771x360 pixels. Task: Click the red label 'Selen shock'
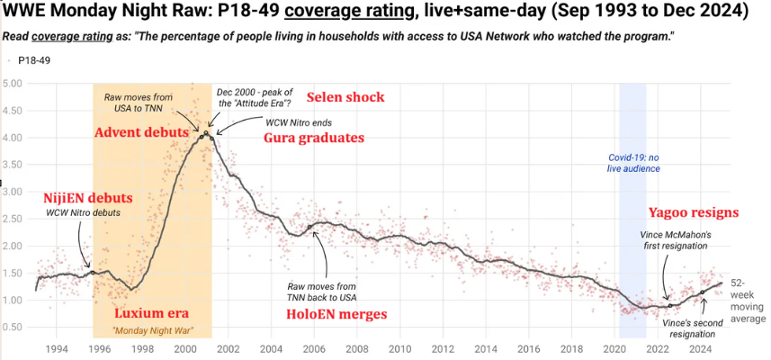coord(345,97)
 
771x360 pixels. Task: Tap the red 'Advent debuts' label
coord(141,132)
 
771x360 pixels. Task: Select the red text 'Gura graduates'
coord(314,138)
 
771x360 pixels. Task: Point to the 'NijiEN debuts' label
coord(88,199)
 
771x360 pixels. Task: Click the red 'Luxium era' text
coord(151,314)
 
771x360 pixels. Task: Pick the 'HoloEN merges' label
coord(336,314)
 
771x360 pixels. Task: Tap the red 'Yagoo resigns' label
coord(694,212)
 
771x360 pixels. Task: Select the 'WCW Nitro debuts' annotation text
coord(84,213)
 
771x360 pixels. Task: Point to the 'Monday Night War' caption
coord(153,332)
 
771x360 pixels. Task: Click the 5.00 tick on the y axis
coord(13,84)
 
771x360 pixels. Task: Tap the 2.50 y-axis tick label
coord(13,219)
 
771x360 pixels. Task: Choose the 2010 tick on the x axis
coord(399,350)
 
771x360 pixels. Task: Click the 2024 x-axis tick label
coord(700,350)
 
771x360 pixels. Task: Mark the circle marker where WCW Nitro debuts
coord(92,272)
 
